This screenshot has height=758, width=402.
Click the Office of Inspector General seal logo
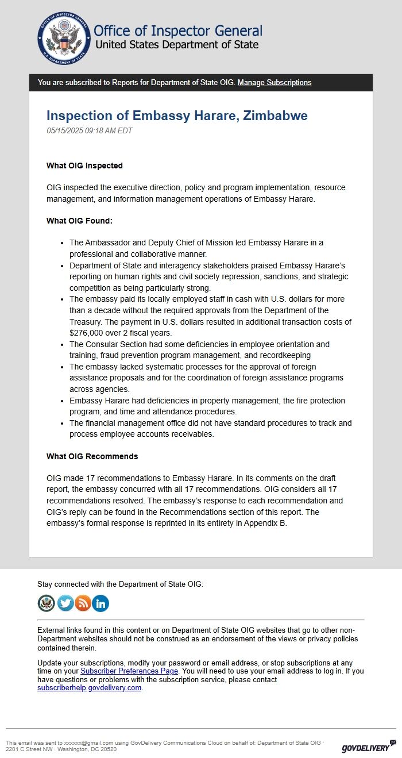coord(64,38)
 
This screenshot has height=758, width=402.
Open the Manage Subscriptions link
coord(275,83)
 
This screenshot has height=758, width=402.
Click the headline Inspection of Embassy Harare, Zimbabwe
coord(177,116)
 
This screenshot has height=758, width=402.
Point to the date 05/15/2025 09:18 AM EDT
coord(89,131)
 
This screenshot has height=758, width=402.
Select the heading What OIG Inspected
coord(84,166)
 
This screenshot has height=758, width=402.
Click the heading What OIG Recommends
coord(92,456)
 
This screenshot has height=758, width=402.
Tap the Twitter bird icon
coord(65,603)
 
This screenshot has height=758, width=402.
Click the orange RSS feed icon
coord(83,603)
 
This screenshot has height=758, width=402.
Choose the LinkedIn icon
coord(100,603)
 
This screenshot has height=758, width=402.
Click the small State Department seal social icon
coord(46,603)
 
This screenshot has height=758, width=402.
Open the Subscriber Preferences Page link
coord(129,671)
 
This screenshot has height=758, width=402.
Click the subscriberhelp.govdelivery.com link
coord(89,688)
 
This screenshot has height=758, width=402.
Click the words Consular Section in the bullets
coord(117,344)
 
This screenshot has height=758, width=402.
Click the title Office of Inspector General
coord(177,31)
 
